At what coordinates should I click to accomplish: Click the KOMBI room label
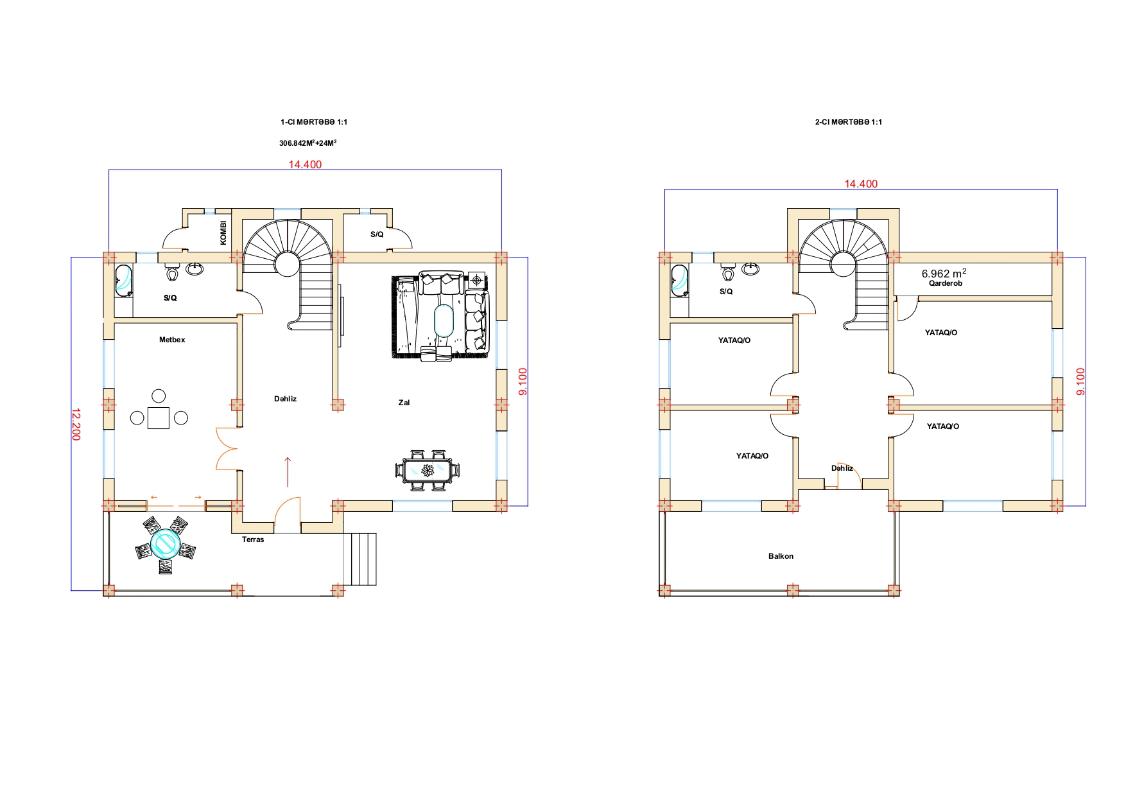click(x=223, y=232)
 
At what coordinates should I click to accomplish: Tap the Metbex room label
click(x=172, y=340)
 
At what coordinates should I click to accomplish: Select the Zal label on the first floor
click(x=404, y=403)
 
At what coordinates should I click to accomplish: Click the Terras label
click(x=253, y=539)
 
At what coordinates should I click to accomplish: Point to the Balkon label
click(x=781, y=556)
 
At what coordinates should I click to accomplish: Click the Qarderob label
click(x=945, y=283)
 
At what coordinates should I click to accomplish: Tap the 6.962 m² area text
click(x=944, y=273)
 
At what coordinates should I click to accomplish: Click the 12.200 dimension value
click(x=76, y=424)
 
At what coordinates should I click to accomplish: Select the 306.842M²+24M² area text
click(x=307, y=143)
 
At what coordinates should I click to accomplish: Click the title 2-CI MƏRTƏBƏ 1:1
click(x=848, y=122)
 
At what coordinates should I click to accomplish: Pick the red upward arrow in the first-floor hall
click(x=287, y=471)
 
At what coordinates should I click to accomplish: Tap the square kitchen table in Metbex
click(x=158, y=418)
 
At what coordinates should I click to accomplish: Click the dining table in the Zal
click(x=427, y=471)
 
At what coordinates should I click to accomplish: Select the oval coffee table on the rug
click(x=443, y=320)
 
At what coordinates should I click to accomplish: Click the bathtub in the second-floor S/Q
click(x=678, y=281)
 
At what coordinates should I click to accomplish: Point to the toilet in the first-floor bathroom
click(x=172, y=274)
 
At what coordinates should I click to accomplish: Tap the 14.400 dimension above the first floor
click(x=305, y=164)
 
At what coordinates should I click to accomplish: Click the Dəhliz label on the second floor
click(x=842, y=468)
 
